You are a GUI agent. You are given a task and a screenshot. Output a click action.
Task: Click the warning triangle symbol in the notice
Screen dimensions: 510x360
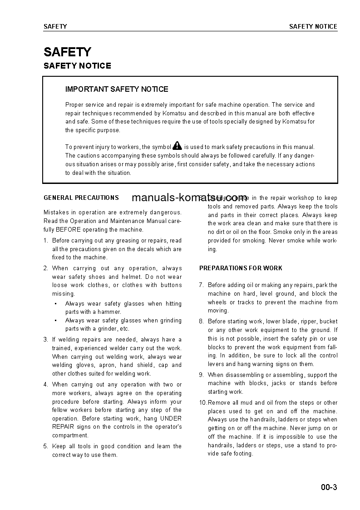point(177,146)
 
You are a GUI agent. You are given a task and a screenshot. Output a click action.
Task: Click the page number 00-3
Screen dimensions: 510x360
point(329,488)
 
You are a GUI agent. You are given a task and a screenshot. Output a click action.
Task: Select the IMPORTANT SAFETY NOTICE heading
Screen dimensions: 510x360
point(117,89)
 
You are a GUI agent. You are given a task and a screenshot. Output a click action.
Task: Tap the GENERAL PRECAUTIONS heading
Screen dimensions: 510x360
point(81,198)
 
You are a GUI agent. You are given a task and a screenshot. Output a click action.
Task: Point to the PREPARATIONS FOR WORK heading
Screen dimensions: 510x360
point(241,268)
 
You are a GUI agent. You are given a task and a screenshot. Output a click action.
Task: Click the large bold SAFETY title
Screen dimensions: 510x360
point(67,52)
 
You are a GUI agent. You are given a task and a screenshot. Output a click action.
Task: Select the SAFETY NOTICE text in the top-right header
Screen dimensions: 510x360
point(313,26)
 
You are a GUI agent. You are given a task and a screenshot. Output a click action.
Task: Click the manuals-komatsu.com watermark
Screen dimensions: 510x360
point(189,198)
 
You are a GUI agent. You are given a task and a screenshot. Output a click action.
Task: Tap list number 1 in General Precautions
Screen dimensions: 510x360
point(45,241)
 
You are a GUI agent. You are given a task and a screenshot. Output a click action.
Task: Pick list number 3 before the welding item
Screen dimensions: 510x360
point(45,339)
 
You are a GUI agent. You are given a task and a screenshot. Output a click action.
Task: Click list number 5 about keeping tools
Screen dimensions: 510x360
point(45,446)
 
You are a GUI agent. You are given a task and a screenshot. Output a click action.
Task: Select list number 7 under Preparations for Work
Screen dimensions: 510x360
point(201,285)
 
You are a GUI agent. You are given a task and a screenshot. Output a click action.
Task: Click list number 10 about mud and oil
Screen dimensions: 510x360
point(203,403)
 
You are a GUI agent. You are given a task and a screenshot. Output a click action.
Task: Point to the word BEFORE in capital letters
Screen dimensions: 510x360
point(69,229)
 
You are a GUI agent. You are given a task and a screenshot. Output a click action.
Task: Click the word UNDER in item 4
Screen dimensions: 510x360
point(171,418)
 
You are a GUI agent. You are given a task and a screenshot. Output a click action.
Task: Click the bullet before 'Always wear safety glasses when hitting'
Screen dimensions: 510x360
point(55,304)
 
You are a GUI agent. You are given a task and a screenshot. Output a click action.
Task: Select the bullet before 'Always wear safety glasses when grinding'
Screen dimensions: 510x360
point(55,321)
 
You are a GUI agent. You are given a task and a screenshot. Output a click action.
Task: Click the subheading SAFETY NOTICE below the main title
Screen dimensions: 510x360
point(77,66)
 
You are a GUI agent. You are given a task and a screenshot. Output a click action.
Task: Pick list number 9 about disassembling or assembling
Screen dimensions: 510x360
point(201,375)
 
